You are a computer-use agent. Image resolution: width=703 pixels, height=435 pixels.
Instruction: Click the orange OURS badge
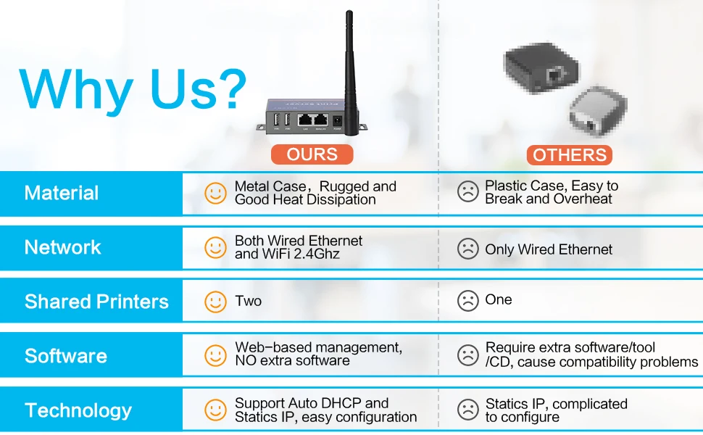(x=312, y=154)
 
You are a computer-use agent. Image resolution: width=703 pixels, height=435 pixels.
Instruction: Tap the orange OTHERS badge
(x=569, y=154)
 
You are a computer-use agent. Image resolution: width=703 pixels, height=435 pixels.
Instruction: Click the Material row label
(x=62, y=193)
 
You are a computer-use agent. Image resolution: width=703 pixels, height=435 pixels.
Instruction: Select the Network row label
(x=63, y=247)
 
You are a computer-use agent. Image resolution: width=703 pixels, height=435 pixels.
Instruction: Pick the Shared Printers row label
(x=96, y=302)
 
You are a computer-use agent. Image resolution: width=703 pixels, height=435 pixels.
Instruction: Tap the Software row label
(x=66, y=356)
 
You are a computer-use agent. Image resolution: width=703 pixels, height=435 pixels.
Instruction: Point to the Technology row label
(x=78, y=410)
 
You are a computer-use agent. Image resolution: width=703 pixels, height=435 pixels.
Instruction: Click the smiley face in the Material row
(x=215, y=193)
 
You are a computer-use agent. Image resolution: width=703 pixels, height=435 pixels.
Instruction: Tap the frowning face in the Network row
(x=468, y=249)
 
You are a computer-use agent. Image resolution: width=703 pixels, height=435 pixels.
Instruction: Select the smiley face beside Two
(x=215, y=302)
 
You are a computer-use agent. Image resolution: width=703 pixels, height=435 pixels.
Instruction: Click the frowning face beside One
(x=468, y=301)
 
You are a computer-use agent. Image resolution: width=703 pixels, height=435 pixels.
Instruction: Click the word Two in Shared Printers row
(x=248, y=301)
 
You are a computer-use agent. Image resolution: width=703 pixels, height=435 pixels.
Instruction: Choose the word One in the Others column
(x=499, y=299)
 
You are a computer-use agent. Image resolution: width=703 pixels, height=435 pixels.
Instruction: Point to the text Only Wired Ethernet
(x=549, y=249)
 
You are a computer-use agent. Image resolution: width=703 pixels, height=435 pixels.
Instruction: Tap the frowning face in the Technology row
(x=468, y=410)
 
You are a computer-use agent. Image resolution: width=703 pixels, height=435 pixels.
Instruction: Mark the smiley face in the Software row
(x=215, y=355)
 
